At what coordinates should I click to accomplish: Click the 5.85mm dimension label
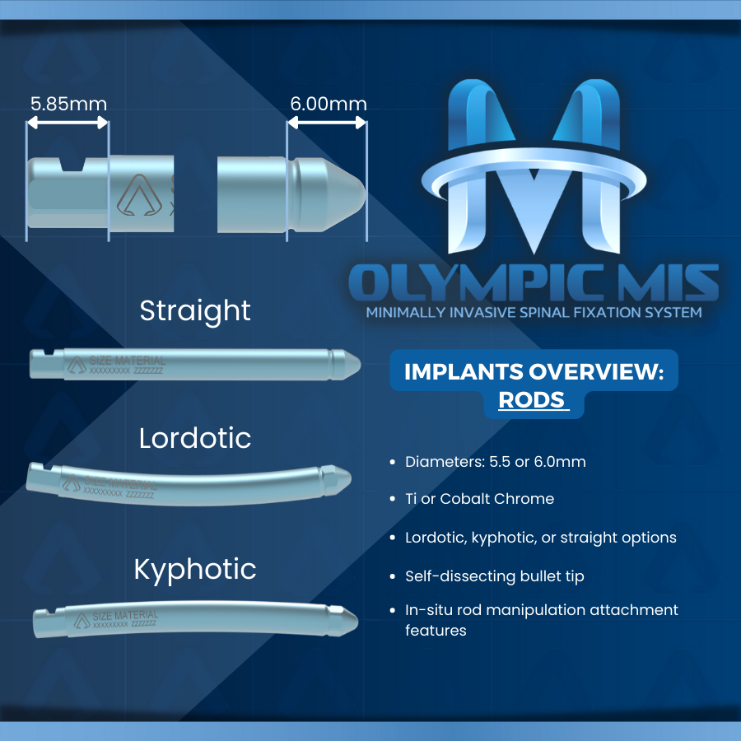coord(68,105)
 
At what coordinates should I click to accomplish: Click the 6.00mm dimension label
coord(328,105)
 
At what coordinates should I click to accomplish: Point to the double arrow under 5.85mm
coord(68,123)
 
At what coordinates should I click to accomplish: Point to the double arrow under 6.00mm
coord(327,123)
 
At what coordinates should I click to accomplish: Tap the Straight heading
coord(195,310)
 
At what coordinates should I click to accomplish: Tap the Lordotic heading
coord(195,438)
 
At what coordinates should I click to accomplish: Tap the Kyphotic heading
coord(195,569)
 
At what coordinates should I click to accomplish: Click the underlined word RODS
coord(533,400)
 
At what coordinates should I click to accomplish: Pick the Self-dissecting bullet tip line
coord(494,576)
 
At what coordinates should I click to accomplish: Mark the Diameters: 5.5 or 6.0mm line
coord(495,462)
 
